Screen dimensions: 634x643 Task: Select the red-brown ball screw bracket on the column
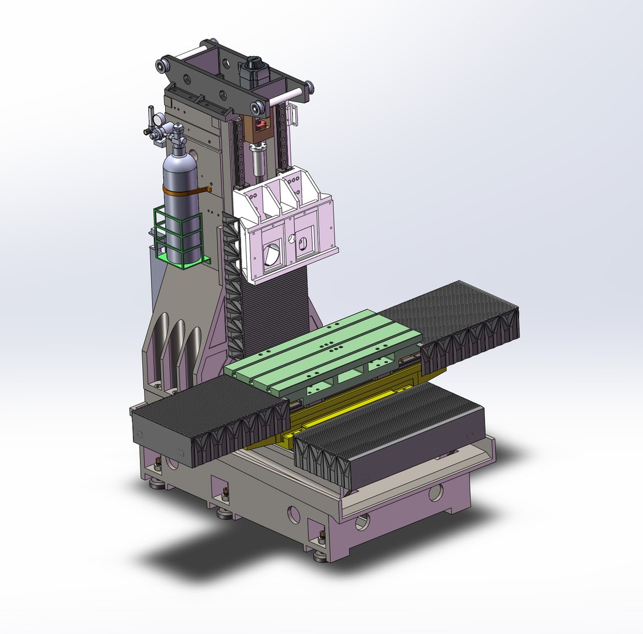pos(259,126)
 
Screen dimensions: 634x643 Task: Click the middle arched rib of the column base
pos(176,352)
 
